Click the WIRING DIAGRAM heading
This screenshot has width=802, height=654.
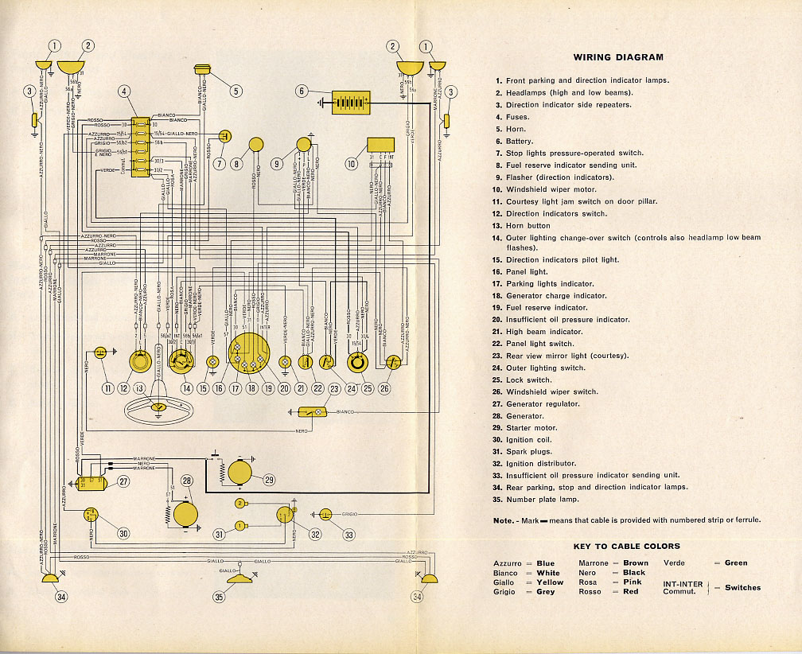point(617,57)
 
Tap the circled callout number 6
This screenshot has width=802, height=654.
point(301,91)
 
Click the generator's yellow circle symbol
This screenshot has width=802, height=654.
point(186,513)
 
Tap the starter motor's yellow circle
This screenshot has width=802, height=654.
point(239,473)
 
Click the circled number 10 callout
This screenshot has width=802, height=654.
point(351,164)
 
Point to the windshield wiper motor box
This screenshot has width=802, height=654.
point(380,145)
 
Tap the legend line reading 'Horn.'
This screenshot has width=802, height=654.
point(516,129)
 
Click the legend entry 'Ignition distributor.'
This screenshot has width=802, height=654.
point(540,463)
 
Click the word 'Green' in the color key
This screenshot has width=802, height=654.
point(736,563)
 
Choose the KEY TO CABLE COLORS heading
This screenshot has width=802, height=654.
point(627,547)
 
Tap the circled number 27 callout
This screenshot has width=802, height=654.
point(123,481)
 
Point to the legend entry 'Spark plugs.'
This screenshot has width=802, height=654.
point(528,451)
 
